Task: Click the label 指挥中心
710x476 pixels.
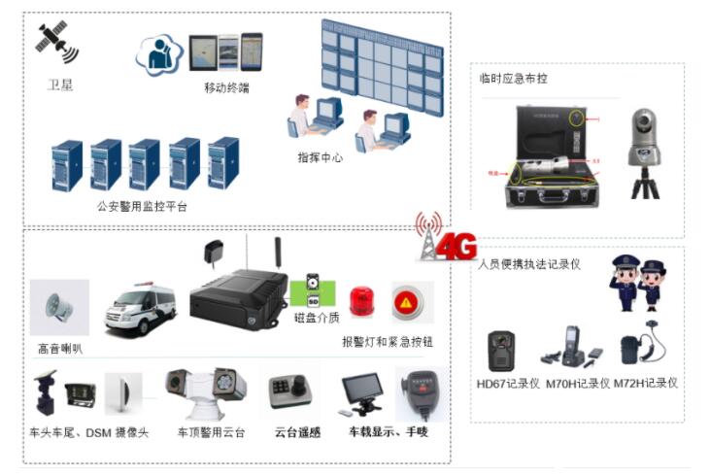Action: click(320, 156)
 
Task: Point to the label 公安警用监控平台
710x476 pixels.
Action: click(143, 206)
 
